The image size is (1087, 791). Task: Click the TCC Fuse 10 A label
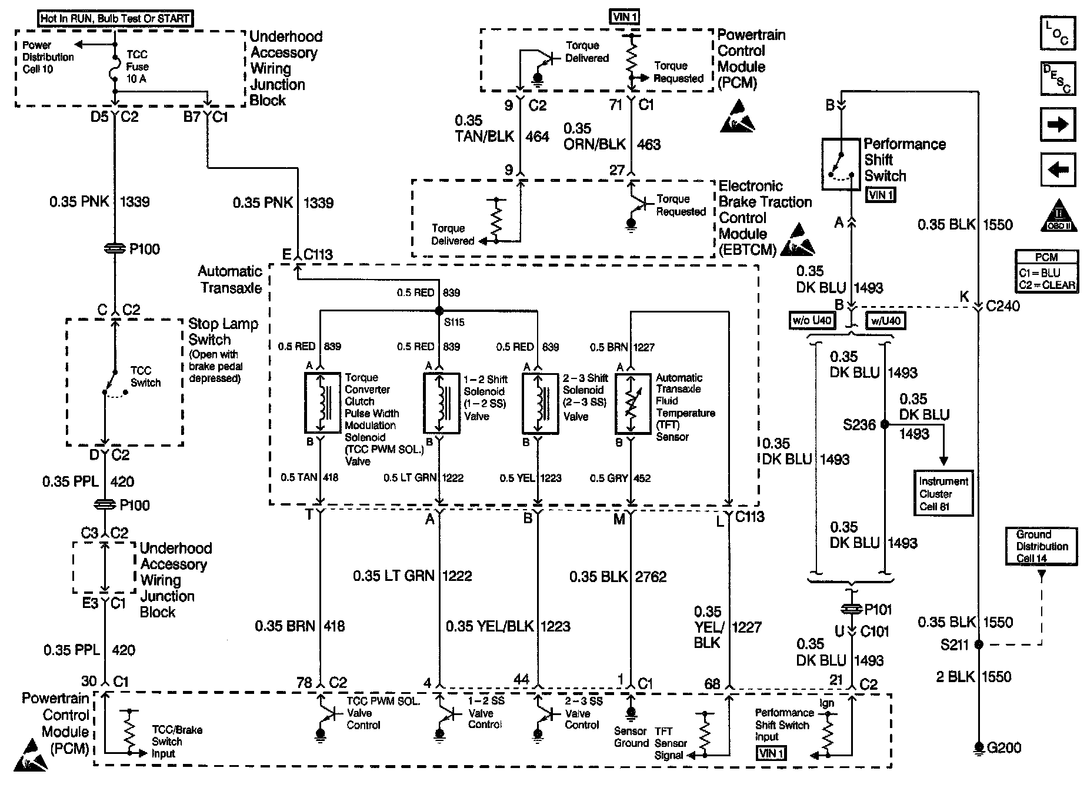click(x=138, y=67)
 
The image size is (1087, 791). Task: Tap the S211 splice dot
click(x=979, y=644)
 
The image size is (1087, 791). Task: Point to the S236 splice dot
click(x=885, y=424)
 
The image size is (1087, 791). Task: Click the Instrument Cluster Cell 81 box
click(x=943, y=493)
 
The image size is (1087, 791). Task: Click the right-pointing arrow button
click(x=1058, y=124)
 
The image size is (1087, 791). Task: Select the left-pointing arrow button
click(x=1058, y=170)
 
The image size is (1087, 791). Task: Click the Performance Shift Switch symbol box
click(x=841, y=164)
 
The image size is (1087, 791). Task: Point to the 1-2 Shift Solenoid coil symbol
click(x=442, y=403)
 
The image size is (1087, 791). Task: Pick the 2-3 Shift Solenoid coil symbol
click(x=541, y=403)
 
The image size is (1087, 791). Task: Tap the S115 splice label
click(x=454, y=323)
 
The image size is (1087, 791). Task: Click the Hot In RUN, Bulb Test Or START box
click(x=116, y=18)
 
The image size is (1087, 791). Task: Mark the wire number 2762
click(x=651, y=576)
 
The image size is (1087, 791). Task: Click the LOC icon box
click(x=1058, y=35)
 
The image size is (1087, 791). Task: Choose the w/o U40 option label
click(x=812, y=321)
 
